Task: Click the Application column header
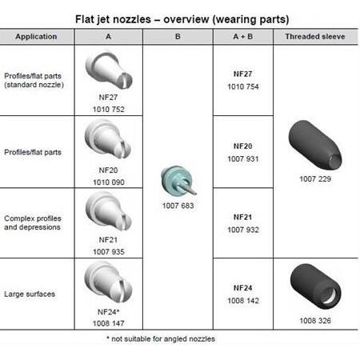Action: pos(36,37)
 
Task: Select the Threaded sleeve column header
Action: pos(315,37)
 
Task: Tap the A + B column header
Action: pos(243,37)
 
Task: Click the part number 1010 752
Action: pos(109,110)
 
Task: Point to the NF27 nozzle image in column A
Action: pos(109,70)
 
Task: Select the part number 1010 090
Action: pos(109,182)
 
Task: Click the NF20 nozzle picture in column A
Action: pos(108,139)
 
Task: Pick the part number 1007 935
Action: pos(109,252)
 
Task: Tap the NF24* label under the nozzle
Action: pos(108,312)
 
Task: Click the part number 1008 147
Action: pos(109,323)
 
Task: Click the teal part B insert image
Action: pos(178,181)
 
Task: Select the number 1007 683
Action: pos(178,206)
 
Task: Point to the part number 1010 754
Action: pos(243,86)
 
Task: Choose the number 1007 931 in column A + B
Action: pos(243,159)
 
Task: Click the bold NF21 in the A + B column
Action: pos(242,217)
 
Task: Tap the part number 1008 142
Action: pos(243,301)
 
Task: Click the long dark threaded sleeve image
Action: pos(315,145)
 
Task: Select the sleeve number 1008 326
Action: pos(315,321)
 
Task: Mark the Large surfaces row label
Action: pos(30,294)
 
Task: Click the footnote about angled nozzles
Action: pos(161,339)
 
